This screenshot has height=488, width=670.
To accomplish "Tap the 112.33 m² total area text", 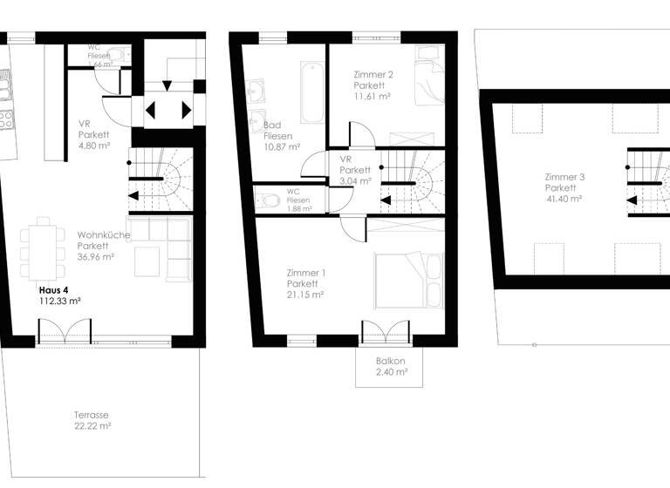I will point(59,301).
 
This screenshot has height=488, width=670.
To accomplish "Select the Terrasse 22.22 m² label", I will point(92,420).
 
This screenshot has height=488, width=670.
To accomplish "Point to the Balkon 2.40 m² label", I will point(391,366).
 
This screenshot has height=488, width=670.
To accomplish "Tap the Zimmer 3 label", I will point(564,177).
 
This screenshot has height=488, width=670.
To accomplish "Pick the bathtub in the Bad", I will point(312,92).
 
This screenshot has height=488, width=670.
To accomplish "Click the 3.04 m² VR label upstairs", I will point(355,171).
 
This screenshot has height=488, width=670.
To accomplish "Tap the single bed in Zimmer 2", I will point(428,78).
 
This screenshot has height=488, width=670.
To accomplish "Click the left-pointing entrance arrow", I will point(150,111).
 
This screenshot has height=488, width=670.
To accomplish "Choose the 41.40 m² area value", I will point(564,199).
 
